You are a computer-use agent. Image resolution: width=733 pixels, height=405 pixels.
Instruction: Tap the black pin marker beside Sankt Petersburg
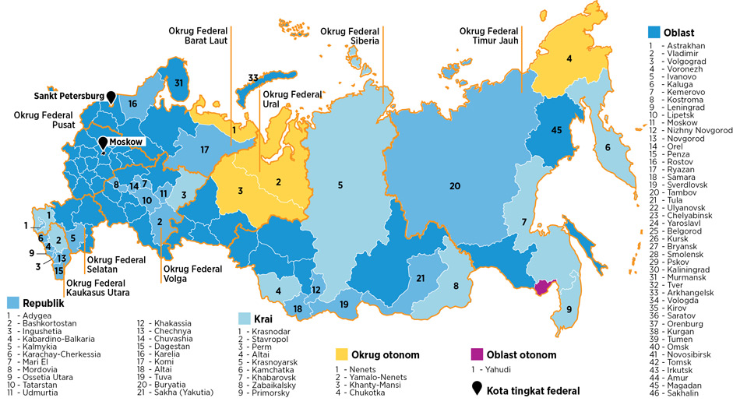[x=111, y=96]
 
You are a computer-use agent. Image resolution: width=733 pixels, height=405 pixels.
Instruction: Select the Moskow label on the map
[x=125, y=143]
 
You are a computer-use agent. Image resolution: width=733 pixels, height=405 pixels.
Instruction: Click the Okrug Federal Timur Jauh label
[x=491, y=36]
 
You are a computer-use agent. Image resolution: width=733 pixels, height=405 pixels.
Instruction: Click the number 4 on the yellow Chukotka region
[x=569, y=58]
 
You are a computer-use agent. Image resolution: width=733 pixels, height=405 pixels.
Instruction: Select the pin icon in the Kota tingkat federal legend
[x=476, y=386]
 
